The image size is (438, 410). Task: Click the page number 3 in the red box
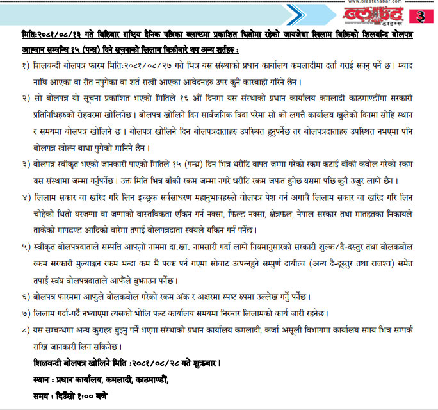[423, 15]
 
